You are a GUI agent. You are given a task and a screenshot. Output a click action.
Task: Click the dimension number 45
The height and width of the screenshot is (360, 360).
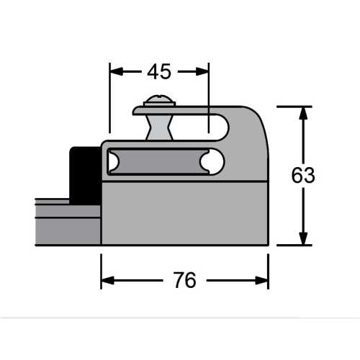tap(159, 71)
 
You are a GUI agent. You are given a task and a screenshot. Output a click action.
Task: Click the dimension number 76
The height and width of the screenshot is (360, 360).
tap(184, 280)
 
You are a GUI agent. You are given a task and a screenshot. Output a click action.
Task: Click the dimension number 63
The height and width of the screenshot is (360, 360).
tap(303, 175)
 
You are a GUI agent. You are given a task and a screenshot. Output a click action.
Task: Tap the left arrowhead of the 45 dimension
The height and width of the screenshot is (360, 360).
tap(116, 71)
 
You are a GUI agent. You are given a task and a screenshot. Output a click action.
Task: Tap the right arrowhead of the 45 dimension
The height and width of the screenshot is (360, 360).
tap(202, 71)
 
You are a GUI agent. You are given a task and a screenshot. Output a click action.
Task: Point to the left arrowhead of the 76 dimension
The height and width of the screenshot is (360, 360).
tap(108, 280)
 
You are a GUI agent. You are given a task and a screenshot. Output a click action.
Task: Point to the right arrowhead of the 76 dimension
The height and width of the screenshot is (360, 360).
tap(261, 280)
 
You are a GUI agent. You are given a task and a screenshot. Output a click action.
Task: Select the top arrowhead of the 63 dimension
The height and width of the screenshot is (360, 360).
tap(303, 113)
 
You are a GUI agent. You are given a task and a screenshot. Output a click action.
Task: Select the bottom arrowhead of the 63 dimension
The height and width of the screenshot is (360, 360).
tap(303, 238)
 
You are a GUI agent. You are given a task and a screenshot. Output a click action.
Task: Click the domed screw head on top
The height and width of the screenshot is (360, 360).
tap(159, 100)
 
